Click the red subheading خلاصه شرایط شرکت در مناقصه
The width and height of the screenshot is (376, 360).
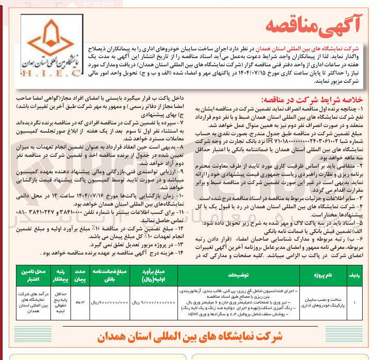coord(315,100)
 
